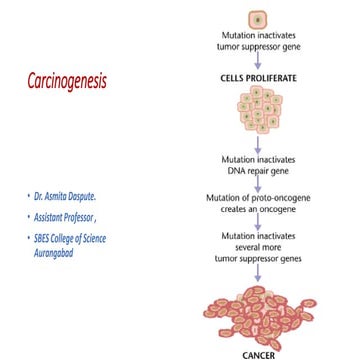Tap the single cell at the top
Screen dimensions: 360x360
(x=257, y=19)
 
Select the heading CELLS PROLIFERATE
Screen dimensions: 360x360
(x=257, y=77)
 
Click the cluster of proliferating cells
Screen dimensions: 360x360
(x=257, y=108)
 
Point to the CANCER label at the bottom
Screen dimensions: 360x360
(x=258, y=354)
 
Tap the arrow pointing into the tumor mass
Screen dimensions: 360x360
(x=257, y=272)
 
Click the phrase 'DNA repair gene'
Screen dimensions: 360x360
(x=257, y=170)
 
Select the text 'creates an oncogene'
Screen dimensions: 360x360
(x=257, y=208)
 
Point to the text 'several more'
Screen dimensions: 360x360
(x=257, y=246)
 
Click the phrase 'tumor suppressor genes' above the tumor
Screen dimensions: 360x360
(x=257, y=257)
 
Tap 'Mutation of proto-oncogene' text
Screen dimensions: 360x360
(x=257, y=197)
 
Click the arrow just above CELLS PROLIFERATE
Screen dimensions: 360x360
(x=257, y=61)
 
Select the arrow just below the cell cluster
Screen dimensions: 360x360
(x=257, y=145)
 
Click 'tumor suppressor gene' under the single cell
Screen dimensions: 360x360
(x=257, y=46)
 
